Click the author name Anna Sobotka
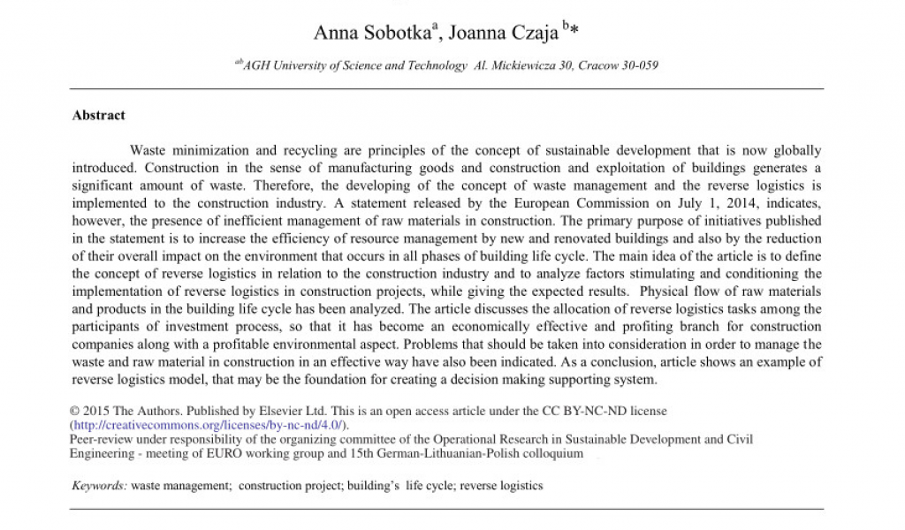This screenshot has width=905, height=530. coord(364,34)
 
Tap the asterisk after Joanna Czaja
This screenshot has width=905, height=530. coord(574,33)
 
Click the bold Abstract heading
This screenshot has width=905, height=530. coord(98,116)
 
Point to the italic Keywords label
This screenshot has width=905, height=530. coord(99,486)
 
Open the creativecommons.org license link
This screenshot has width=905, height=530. coord(209,426)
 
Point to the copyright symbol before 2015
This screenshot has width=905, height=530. coord(74,412)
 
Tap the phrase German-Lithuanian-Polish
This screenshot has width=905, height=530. coord(452,453)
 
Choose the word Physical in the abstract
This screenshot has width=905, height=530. coord(663,291)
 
